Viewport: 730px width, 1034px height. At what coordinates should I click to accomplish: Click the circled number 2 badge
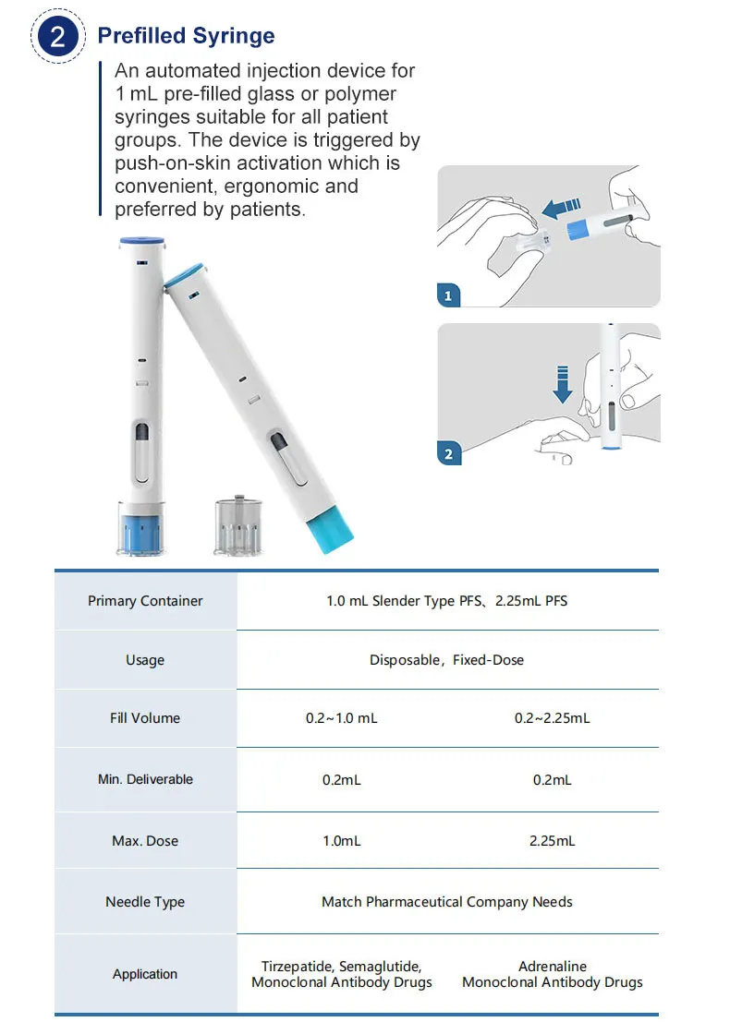[57, 38]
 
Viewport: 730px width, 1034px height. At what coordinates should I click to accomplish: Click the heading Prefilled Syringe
[186, 36]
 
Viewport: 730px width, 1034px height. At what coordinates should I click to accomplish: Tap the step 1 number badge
[448, 296]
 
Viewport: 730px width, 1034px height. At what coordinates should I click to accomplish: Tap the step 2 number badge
[448, 453]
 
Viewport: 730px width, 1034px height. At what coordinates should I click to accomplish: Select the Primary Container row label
[145, 601]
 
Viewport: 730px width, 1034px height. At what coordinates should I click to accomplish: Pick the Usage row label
[145, 660]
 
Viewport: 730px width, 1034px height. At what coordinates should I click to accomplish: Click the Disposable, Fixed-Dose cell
[446, 660]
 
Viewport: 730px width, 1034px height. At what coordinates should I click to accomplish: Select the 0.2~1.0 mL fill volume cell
[341, 718]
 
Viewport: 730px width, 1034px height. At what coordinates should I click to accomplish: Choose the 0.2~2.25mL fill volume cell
[552, 718]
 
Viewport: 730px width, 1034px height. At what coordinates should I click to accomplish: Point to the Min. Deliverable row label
[145, 779]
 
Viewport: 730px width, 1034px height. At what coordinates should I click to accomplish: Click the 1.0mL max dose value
[341, 841]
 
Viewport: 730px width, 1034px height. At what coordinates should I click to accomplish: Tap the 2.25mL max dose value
[552, 841]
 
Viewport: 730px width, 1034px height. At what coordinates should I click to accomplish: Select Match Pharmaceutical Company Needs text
[446, 902]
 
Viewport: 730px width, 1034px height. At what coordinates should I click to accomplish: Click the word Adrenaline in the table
[552, 967]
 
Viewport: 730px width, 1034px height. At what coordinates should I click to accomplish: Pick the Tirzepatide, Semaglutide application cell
[341, 974]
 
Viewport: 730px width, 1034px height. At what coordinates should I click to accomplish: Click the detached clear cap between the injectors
[237, 527]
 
